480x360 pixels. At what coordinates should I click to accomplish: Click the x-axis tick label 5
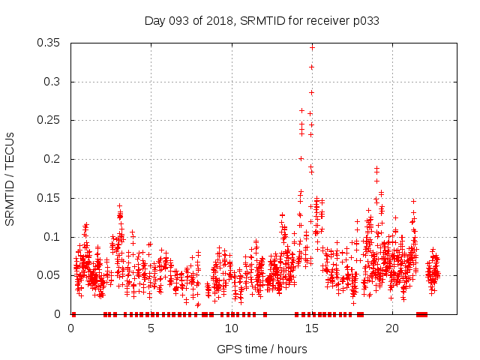point(151,328)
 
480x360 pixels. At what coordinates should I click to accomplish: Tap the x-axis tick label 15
point(311,328)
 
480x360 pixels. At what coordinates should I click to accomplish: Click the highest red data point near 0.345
point(312,47)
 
